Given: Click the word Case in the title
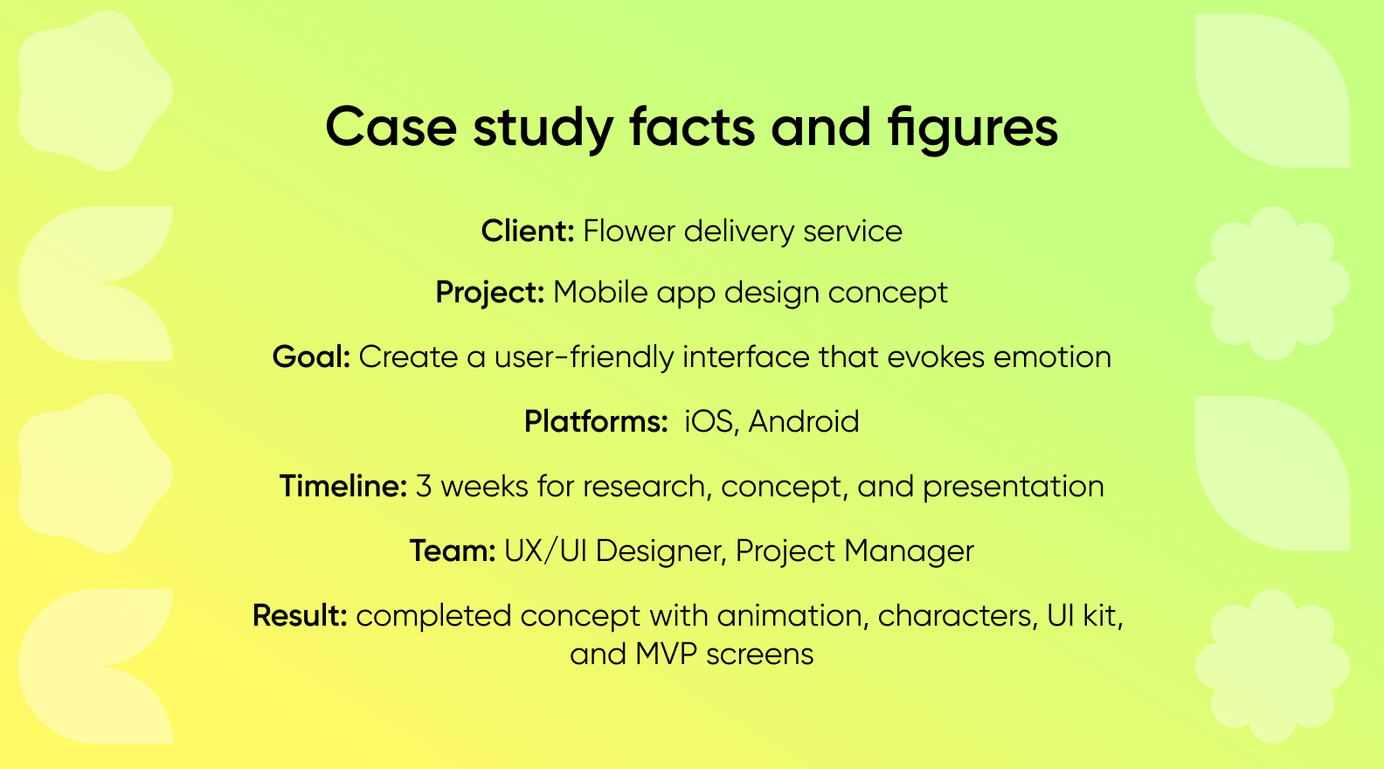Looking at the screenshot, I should click(391, 128).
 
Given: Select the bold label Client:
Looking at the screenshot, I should click(528, 232).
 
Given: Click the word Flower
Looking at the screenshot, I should click(629, 232).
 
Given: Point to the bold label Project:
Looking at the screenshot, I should click(490, 293).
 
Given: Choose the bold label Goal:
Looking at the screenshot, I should click(311, 357).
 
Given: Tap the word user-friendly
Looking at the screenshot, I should click(584, 357).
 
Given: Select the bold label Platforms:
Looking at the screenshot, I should click(596, 422).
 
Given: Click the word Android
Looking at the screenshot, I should click(804, 422).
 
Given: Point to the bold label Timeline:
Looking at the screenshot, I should click(343, 487).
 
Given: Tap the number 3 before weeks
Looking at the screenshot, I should click(424, 487).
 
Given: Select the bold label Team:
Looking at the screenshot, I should click(453, 551).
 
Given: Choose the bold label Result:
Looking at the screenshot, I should click(300, 616).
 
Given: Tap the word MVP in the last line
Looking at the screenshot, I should click(666, 655).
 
